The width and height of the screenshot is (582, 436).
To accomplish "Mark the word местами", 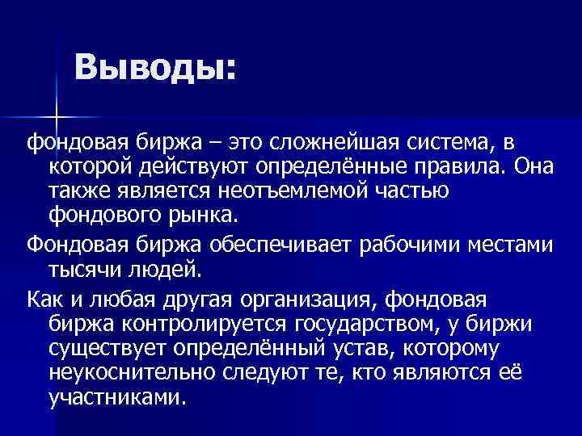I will pyautogui.click(x=514, y=243).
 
